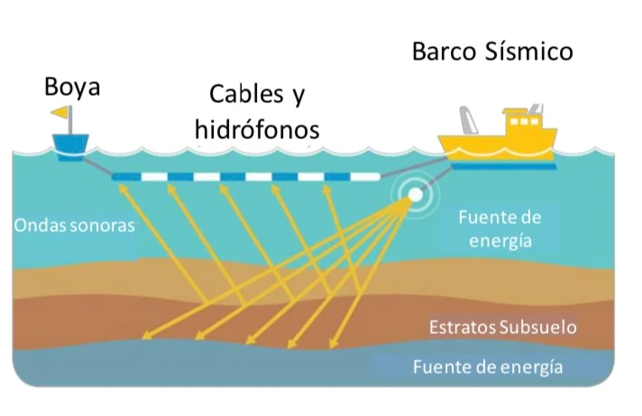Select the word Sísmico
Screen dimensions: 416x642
point(533,51)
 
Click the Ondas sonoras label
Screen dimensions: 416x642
point(75,225)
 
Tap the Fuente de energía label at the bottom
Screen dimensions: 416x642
point(488,367)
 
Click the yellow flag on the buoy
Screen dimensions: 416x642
point(60,113)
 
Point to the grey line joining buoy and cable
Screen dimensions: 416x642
point(97,166)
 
